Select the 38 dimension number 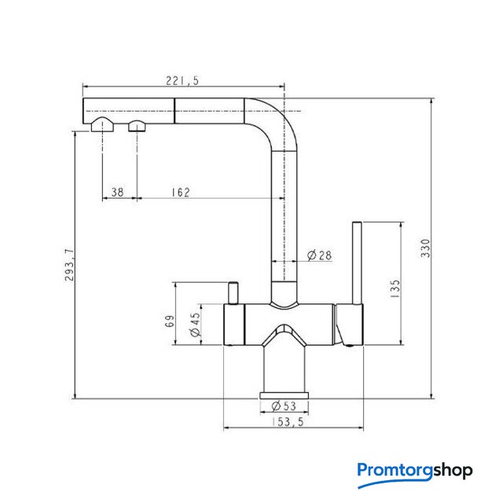coord(118,192)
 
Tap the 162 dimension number coord(180,192)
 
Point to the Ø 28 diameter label coord(321,255)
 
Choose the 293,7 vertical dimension coord(68,265)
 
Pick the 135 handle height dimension coord(395,288)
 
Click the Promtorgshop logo coord(414,471)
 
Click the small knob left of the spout coord(233,292)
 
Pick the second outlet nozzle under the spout coord(138,126)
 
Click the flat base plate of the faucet coord(284,394)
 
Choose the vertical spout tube coord(285,220)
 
